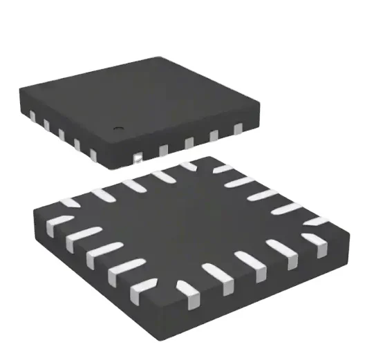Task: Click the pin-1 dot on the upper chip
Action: click(118, 128)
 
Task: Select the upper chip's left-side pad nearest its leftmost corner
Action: click(31, 116)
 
